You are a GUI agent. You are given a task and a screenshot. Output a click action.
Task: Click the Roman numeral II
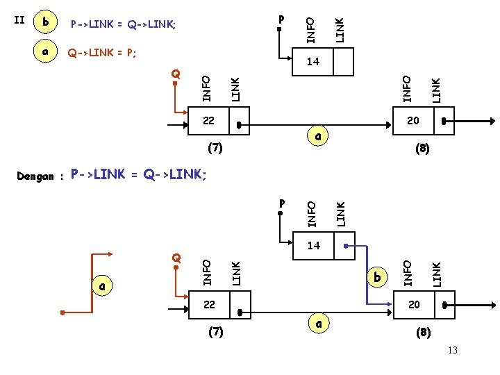(19, 20)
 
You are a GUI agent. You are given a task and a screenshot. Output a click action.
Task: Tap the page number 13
(453, 350)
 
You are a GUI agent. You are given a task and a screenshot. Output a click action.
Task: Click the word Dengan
(35, 176)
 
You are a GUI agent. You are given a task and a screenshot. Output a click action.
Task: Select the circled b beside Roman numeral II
(46, 22)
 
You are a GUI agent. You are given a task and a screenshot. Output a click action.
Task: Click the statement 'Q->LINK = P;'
(102, 52)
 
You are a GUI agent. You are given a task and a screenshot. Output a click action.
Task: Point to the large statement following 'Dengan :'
(139, 174)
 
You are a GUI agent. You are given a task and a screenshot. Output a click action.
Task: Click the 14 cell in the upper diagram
(313, 62)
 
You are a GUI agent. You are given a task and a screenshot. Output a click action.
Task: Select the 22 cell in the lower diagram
(209, 304)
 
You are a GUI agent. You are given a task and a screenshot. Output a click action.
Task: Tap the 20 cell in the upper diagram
(413, 121)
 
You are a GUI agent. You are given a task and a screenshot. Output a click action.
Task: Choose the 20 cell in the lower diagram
(414, 304)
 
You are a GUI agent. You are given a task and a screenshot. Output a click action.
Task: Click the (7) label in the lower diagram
(216, 332)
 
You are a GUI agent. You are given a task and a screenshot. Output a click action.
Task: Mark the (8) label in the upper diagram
(422, 148)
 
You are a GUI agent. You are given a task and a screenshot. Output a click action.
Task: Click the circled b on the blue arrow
(377, 277)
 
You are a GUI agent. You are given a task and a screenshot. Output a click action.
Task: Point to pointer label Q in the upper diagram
(176, 74)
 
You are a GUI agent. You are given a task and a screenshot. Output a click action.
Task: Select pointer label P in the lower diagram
(281, 203)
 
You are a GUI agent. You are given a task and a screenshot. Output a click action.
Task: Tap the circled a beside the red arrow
(103, 285)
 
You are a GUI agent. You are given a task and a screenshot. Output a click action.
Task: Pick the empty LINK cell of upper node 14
(344, 62)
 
